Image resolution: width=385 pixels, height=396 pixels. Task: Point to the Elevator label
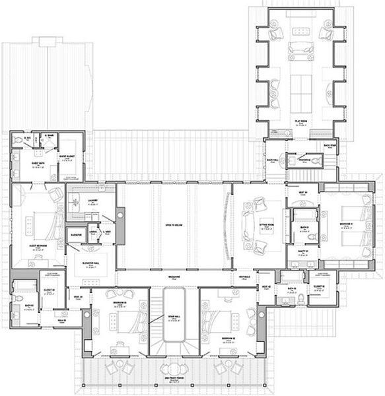(76, 234)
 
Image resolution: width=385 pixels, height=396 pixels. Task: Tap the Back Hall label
(271, 160)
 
